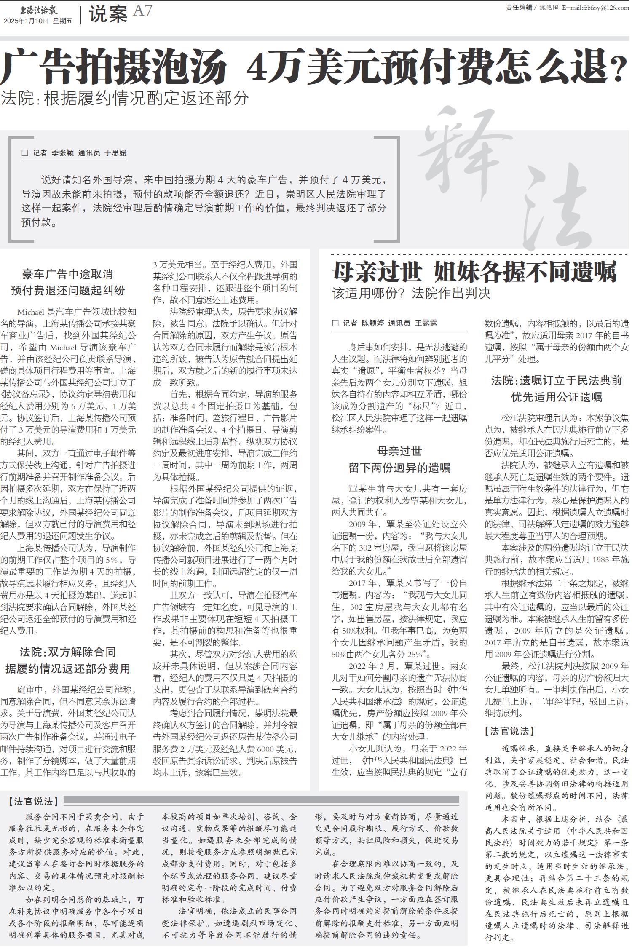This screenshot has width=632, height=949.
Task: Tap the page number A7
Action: point(142,11)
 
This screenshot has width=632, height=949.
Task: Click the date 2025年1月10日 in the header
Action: point(26,21)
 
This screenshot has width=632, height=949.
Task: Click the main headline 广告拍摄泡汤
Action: point(114,67)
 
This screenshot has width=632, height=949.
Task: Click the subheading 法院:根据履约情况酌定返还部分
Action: point(125,98)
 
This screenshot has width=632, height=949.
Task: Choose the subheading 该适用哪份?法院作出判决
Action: point(411,293)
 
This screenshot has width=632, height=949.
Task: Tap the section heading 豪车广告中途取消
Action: point(68,275)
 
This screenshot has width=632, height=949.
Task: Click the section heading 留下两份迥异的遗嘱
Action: point(399,468)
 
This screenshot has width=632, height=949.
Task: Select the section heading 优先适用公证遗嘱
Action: point(556,397)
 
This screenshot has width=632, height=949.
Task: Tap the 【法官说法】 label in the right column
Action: point(509,731)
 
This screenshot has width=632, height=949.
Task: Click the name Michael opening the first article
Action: point(31,312)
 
